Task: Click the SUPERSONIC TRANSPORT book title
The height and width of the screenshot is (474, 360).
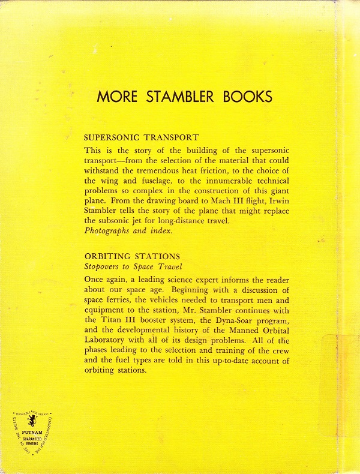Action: (141, 137)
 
